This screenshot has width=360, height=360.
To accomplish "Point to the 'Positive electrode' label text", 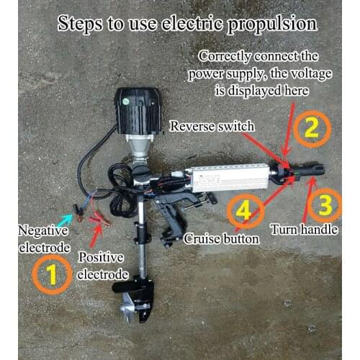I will click(x=102, y=265).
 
